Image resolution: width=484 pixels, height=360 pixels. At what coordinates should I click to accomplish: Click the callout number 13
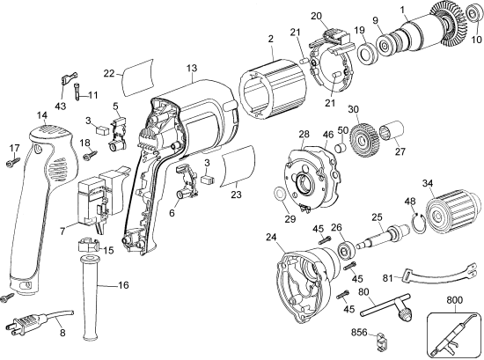(x=191, y=68)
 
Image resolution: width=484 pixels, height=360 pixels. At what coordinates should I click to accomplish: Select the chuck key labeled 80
(x=388, y=310)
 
